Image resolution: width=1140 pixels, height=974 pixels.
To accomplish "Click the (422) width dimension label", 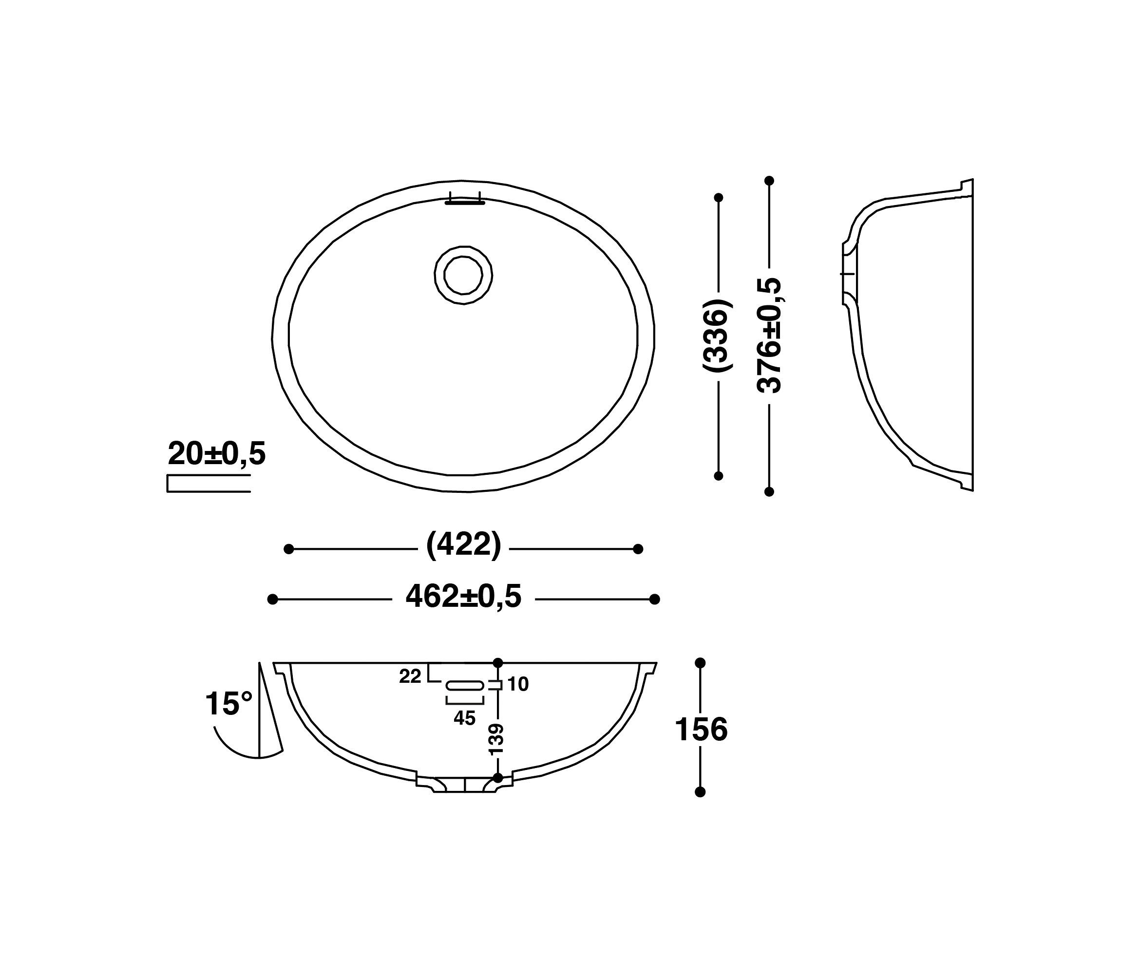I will click(464, 545).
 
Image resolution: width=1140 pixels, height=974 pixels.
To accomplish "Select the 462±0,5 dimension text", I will click(463, 596).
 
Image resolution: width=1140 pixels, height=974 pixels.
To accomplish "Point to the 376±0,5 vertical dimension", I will click(769, 336).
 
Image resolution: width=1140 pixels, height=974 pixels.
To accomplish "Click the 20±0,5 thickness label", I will click(217, 454).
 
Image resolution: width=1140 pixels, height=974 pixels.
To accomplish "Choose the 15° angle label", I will click(228, 704).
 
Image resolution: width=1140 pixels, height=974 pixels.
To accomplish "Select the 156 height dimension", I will click(701, 730).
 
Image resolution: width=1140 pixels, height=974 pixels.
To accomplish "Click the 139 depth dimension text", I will click(496, 739).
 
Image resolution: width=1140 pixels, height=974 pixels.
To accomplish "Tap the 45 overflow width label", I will click(464, 718).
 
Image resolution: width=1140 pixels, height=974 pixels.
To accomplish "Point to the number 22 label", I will click(410, 676).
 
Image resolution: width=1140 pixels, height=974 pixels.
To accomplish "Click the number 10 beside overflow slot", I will click(518, 684).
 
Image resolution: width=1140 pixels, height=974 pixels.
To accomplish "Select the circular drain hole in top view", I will click(463, 276).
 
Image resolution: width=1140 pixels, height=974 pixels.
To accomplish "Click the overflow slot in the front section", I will click(465, 685).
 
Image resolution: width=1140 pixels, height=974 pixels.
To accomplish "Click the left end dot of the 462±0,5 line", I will click(272, 599).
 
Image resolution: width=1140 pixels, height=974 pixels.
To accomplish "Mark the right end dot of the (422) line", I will click(638, 548).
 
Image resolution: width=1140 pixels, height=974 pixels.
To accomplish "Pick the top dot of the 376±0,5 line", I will click(769, 180).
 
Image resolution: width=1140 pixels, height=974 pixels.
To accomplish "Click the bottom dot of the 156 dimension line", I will click(700, 792).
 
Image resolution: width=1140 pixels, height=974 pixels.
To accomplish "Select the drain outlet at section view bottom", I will click(465, 784).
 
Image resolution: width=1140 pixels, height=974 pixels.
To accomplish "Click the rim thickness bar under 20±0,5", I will click(209, 484).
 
